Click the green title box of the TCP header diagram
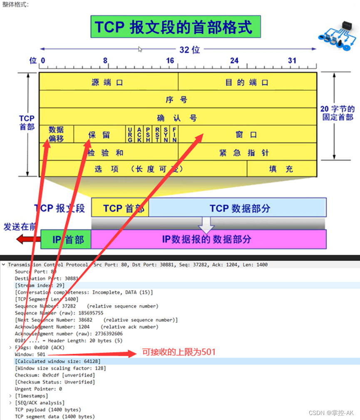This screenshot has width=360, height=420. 175,27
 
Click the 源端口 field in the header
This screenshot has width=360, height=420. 108,82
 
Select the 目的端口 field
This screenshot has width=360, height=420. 247,82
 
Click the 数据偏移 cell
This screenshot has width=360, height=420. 56,134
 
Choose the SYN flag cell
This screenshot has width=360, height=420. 166,134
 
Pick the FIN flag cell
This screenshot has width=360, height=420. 174,134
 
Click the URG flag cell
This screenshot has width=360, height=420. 130,134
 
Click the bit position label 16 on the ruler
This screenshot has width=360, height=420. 170,61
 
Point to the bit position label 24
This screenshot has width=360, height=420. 234,61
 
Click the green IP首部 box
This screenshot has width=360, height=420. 66,239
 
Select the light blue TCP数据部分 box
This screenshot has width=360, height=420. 238,208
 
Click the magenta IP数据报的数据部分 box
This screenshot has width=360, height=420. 209,239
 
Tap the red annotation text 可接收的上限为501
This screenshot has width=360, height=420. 179,352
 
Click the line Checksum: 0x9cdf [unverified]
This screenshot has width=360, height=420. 55,375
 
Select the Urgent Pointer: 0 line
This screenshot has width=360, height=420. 38,389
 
